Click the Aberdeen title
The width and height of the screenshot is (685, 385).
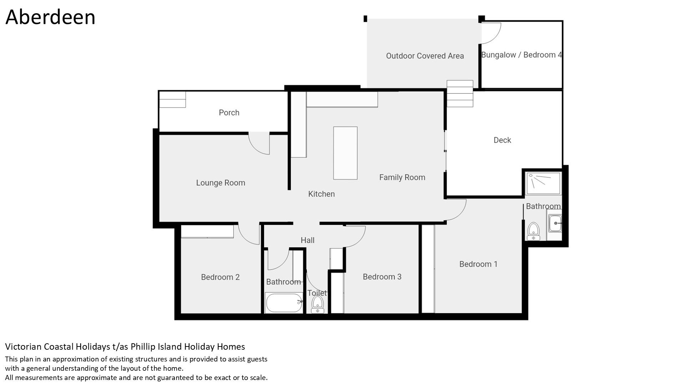(50, 17)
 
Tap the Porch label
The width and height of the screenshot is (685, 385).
(229, 113)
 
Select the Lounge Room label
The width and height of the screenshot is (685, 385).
(220, 183)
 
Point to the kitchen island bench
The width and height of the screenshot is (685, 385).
(345, 153)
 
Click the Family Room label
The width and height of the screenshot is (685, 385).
(402, 178)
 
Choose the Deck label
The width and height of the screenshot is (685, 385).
(502, 140)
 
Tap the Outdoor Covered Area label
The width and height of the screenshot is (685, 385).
(425, 56)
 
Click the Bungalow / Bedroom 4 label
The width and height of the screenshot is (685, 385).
(522, 55)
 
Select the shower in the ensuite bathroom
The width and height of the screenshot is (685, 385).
(543, 183)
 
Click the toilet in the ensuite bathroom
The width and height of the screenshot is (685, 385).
(533, 231)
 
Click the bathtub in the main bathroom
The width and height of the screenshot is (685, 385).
(284, 303)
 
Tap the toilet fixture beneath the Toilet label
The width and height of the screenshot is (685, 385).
(317, 305)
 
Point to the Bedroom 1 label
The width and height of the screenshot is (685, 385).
(478, 264)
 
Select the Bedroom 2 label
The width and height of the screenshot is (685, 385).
(220, 277)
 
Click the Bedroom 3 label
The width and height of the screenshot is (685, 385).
(382, 277)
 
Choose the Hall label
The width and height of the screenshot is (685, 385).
(308, 240)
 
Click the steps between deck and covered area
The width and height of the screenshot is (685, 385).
(460, 93)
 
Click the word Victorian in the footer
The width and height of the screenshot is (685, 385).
(22, 346)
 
